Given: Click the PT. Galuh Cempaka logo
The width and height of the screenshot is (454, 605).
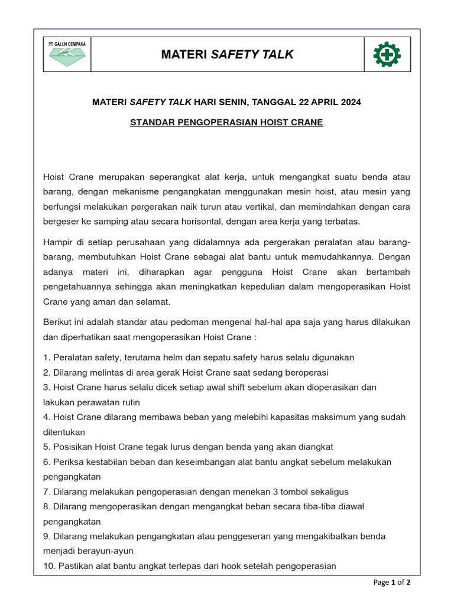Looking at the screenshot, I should (x=67, y=55).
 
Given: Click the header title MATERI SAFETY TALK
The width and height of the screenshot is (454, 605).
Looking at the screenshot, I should (x=227, y=55).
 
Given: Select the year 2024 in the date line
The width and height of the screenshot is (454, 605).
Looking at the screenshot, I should (x=349, y=102).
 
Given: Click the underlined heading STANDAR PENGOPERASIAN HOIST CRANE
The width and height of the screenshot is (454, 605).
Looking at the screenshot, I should (x=226, y=123).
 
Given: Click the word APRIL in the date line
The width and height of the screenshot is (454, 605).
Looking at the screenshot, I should (x=320, y=102).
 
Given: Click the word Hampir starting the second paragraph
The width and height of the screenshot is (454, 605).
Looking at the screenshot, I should (x=59, y=242).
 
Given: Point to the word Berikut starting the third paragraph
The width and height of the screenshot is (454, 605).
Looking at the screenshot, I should (x=59, y=323).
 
